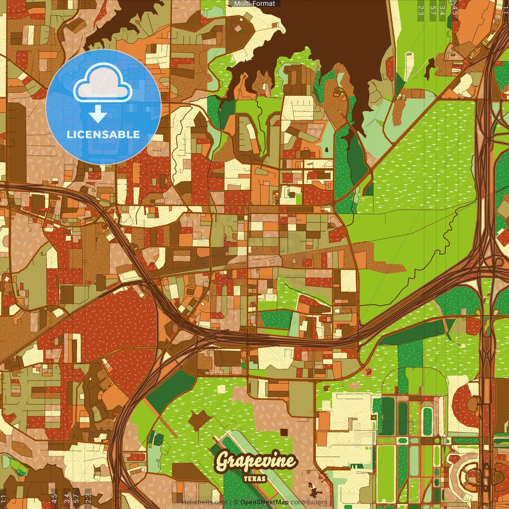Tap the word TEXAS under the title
point(255,479)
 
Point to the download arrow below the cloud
point(97,114)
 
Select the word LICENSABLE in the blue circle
point(103,134)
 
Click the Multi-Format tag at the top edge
point(254,4)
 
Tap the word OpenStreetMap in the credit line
point(264,502)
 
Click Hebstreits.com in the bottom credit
point(204,502)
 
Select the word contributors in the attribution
point(309,502)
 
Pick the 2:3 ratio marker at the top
point(421,10)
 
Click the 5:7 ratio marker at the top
point(433,10)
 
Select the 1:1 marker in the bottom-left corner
point(4,499)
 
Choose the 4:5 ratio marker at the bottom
point(54,499)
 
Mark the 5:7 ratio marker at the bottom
point(76,499)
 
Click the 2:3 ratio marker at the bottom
point(88,499)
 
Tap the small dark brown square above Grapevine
point(284,432)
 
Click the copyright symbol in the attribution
point(236,502)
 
